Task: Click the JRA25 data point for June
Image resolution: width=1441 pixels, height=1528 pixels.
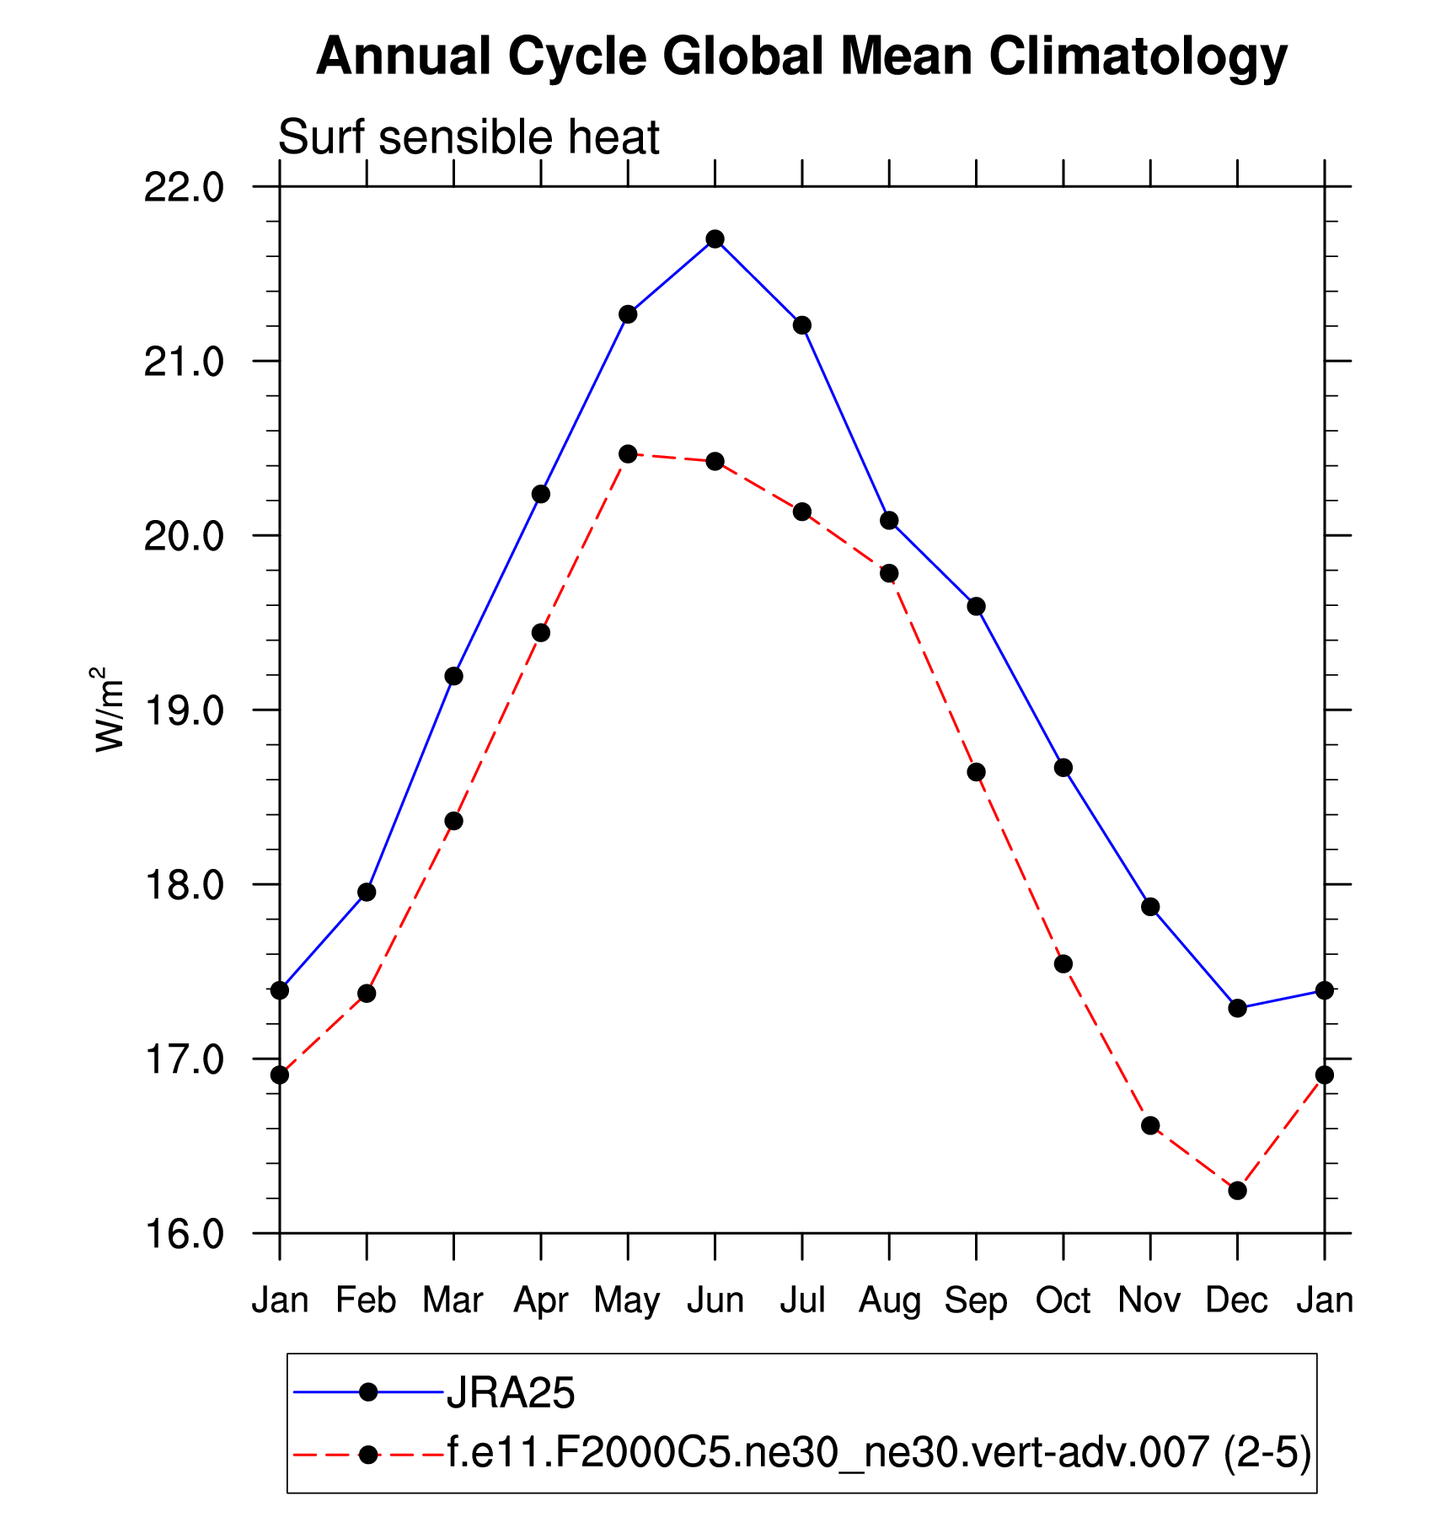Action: (715, 239)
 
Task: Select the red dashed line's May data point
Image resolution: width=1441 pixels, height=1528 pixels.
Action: (628, 454)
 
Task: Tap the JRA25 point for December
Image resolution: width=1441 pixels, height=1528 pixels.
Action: (1237, 1008)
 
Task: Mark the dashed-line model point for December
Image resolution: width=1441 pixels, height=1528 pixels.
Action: (1237, 1190)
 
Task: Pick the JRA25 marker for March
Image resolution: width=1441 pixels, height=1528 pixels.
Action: (453, 676)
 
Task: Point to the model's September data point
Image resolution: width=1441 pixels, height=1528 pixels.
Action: (976, 772)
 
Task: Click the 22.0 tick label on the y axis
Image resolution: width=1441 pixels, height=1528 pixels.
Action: (184, 187)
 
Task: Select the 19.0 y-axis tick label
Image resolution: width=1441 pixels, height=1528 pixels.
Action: (184, 710)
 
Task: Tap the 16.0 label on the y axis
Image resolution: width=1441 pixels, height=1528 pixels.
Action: (184, 1234)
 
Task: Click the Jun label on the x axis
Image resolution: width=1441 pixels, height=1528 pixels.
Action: (715, 1300)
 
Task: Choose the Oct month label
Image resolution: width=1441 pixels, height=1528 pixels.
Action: (1063, 1300)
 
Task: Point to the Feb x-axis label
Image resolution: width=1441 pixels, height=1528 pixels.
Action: (366, 1300)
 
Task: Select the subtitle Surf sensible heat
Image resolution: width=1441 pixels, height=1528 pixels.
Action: (469, 137)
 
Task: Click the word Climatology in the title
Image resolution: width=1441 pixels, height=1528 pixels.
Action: (1138, 57)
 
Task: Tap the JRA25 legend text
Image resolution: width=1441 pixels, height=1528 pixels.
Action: (511, 1393)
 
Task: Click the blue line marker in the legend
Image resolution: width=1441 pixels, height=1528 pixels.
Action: (367, 1392)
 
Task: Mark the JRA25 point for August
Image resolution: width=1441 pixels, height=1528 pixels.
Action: (889, 520)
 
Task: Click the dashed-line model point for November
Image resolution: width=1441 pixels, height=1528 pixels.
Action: (1150, 1125)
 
